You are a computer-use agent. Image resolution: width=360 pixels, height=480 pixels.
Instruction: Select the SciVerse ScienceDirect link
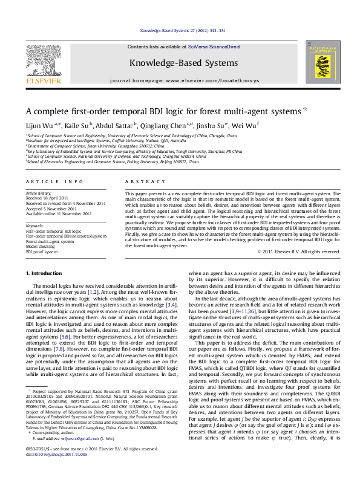214,47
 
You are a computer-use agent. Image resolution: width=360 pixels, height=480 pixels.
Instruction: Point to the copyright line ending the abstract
300,268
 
